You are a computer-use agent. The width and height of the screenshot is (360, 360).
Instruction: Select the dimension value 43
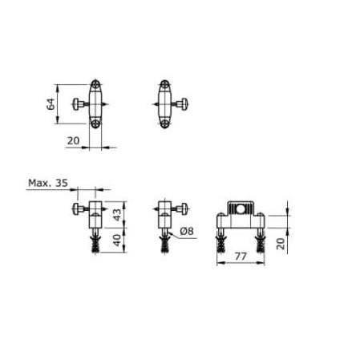tap(118, 213)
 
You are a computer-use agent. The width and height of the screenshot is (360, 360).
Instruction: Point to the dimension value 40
tap(118, 239)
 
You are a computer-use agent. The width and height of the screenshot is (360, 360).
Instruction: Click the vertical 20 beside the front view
tap(279, 243)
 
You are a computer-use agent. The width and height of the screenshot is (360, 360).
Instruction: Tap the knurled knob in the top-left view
tap(78, 104)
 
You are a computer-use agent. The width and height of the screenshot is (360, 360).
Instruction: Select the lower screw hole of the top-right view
tap(165, 123)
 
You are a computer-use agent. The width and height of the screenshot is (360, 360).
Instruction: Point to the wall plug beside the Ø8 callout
tap(165, 241)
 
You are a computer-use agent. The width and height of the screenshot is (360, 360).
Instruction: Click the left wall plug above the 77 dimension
tap(222, 244)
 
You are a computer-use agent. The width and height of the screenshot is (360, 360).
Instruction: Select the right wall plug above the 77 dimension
tap(259, 244)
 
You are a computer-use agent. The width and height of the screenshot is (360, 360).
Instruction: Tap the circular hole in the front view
tap(240, 212)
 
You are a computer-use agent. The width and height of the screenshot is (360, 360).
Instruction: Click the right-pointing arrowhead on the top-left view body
tap(107, 104)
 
